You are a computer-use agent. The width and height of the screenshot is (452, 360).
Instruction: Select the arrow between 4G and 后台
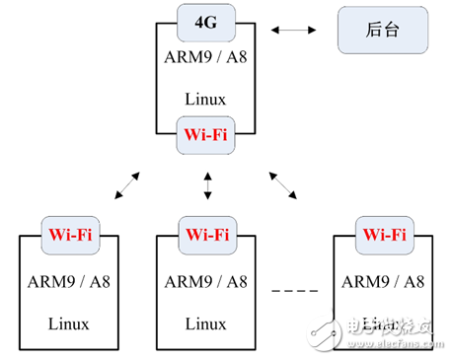point(295,32)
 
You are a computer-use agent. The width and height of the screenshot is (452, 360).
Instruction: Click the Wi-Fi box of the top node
point(206,134)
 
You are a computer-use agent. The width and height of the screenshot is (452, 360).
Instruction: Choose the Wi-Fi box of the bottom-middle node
point(205,236)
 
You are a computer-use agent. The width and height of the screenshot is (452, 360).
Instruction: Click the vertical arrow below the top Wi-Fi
point(207,184)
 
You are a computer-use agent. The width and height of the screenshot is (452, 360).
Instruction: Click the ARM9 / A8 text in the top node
point(206,56)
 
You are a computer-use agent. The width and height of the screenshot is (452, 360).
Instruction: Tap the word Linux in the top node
point(206,99)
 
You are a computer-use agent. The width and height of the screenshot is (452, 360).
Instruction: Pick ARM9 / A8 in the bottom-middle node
point(205,280)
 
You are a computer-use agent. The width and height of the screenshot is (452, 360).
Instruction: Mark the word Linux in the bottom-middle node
point(205,323)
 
